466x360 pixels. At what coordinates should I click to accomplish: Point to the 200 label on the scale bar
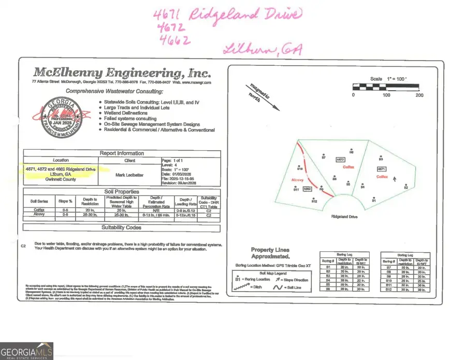click(x=419, y=95)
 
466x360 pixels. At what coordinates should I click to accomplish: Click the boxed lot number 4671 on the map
click(x=382, y=169)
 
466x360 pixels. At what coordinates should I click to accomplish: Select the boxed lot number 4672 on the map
click(x=340, y=160)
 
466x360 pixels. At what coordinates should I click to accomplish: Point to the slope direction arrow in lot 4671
click(x=396, y=179)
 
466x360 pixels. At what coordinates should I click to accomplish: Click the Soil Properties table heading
click(x=122, y=192)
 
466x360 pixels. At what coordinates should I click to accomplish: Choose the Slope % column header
click(x=65, y=200)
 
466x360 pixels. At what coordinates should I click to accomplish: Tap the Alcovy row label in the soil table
click(x=39, y=214)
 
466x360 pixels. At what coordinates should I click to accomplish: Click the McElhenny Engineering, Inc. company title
click(x=122, y=72)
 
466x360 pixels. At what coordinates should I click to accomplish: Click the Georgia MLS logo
click(x=26, y=351)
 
